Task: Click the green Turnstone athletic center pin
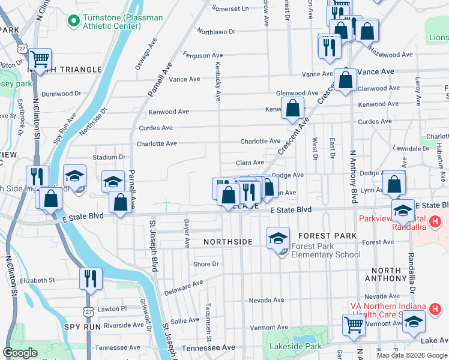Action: (x=74, y=22)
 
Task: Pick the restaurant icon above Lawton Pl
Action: (x=91, y=279)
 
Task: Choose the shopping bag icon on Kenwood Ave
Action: (x=292, y=109)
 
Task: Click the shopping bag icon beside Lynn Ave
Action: (x=394, y=184)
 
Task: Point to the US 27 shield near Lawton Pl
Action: (x=88, y=311)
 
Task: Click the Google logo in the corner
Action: (x=20, y=353)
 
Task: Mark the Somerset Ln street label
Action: (x=229, y=8)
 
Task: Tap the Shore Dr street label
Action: (x=206, y=264)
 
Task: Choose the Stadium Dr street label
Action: (x=109, y=157)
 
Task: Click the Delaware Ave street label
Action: (x=184, y=288)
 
